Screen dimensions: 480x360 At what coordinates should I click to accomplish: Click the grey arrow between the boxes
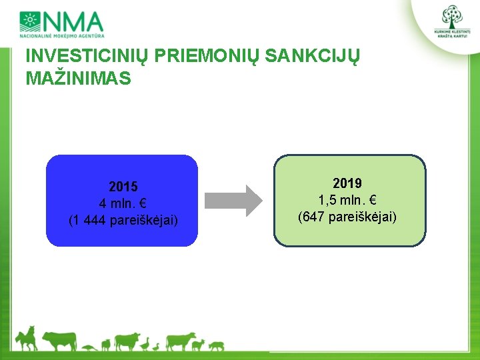[233, 201]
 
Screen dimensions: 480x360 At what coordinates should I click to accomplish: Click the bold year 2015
[123, 187]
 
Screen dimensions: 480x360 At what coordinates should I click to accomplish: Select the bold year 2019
[347, 183]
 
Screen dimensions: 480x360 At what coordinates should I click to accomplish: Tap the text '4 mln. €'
[123, 203]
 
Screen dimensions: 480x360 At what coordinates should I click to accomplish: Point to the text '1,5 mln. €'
[347, 200]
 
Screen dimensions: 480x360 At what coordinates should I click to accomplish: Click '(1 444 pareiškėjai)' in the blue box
[123, 221]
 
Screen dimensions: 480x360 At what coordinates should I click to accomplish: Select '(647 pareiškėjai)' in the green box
[347, 217]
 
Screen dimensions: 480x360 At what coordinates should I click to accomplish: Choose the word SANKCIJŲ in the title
[312, 56]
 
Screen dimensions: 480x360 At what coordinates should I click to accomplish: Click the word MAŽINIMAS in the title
[79, 78]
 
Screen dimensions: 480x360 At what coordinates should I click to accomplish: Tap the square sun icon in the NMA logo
[30, 21]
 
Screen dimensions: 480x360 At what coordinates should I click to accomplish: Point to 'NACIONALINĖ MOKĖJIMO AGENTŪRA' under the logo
[62, 36]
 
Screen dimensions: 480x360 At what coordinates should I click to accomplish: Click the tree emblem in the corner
[452, 17]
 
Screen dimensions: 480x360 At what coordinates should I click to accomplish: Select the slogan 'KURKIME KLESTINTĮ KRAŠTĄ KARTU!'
[452, 34]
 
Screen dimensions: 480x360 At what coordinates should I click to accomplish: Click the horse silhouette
[27, 339]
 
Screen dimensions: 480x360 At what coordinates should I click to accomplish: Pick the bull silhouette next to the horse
[60, 341]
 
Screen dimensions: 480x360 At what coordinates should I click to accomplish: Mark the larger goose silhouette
[145, 344]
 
